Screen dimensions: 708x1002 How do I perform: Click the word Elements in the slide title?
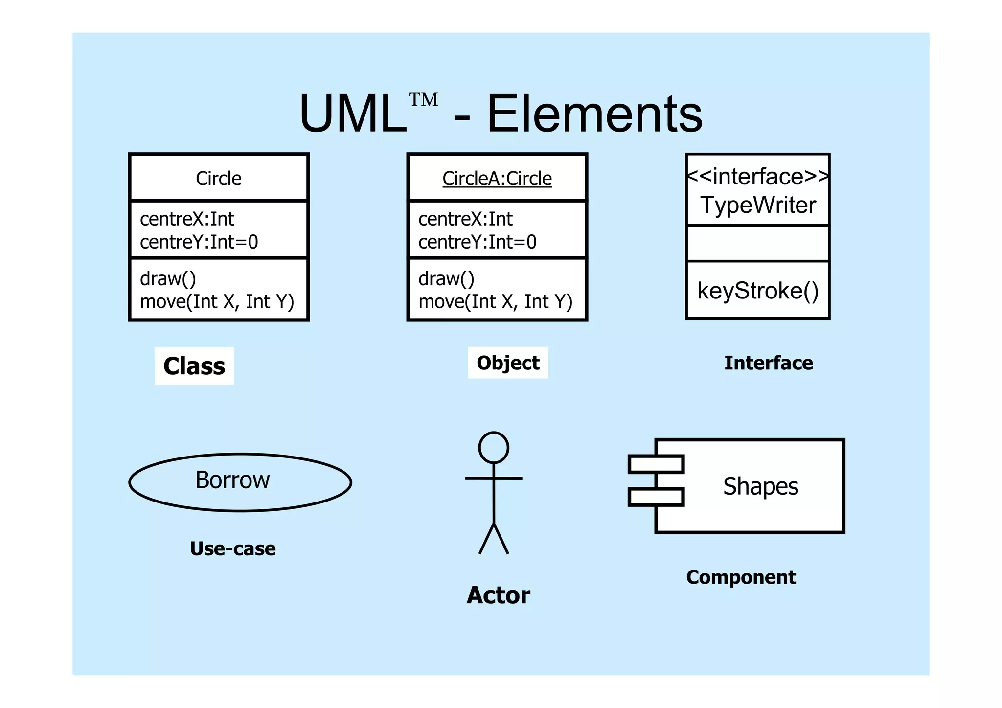594,114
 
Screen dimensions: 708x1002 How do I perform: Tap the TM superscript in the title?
423,100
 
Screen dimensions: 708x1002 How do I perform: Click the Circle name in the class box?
218,179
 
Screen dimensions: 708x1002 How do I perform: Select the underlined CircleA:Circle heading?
497,179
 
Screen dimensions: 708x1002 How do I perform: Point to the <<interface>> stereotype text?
757,177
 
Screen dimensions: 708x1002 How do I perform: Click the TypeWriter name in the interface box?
758,205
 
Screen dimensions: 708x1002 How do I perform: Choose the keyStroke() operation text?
757,291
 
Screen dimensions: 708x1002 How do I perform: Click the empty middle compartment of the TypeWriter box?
757,243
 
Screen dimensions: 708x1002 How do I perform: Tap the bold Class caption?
194,366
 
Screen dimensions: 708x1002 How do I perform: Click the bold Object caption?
508,363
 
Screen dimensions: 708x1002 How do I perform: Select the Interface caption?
768,363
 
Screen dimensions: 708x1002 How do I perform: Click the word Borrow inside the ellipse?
232,480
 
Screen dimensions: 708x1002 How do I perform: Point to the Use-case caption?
232,548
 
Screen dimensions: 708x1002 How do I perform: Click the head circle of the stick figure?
493,448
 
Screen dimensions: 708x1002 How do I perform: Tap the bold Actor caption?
498,595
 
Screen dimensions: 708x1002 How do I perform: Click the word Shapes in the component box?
760,486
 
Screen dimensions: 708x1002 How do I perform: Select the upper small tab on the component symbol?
656,464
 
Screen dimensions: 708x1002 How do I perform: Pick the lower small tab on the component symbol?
656,497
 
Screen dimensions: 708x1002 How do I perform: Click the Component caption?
741,577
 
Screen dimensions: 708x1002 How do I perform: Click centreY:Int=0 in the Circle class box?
199,242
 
